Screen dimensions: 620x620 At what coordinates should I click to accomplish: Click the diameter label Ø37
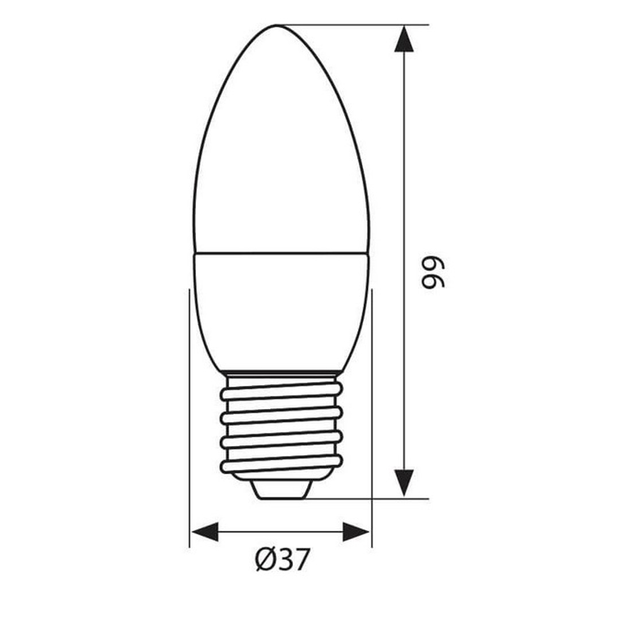click(x=281, y=560)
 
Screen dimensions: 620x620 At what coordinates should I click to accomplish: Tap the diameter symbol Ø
click(x=264, y=560)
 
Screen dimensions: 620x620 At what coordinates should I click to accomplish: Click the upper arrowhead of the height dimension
click(x=404, y=38)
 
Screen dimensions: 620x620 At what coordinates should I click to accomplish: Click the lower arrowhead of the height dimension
click(x=404, y=483)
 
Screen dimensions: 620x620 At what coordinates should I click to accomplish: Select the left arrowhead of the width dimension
click(x=204, y=532)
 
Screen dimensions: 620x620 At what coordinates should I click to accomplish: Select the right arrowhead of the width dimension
click(x=356, y=532)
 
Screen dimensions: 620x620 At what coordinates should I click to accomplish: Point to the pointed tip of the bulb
click(x=276, y=25)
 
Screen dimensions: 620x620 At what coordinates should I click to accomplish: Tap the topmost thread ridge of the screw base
click(x=281, y=392)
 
